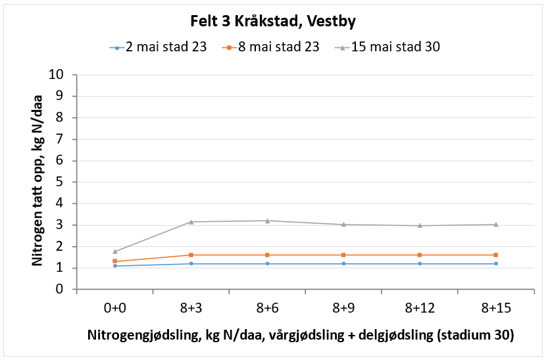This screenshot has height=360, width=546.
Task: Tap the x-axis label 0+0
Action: [x=114, y=307]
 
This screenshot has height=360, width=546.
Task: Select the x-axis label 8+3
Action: [x=191, y=307]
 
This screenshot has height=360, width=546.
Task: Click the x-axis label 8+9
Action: [x=343, y=307]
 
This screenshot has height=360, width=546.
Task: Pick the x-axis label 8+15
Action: [x=495, y=307]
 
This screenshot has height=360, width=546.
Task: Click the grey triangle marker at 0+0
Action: [x=115, y=251]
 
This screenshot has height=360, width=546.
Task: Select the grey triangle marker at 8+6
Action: [x=267, y=220]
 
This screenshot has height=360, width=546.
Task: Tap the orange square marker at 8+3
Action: [x=191, y=255]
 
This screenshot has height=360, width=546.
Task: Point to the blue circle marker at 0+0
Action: [x=115, y=266]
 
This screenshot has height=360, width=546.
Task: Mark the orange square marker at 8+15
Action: [x=495, y=255]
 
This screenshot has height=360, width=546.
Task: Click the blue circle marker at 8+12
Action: [x=419, y=263]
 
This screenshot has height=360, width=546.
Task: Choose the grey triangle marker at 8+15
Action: [x=495, y=224]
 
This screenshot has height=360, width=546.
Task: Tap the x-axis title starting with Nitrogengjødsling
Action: [x=300, y=335]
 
